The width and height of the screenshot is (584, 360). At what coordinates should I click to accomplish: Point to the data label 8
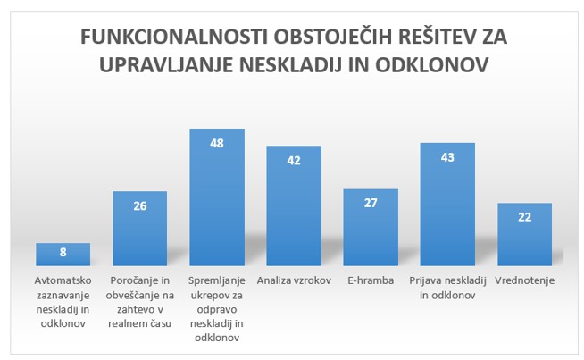(63, 252)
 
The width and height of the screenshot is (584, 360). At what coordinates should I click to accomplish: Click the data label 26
(139, 205)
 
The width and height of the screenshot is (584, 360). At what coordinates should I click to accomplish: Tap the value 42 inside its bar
(294, 161)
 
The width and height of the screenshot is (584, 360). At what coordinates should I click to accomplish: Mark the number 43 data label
(447, 157)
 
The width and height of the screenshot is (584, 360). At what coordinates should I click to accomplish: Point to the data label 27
(371, 204)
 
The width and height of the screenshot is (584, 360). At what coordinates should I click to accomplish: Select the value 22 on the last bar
(524, 217)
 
